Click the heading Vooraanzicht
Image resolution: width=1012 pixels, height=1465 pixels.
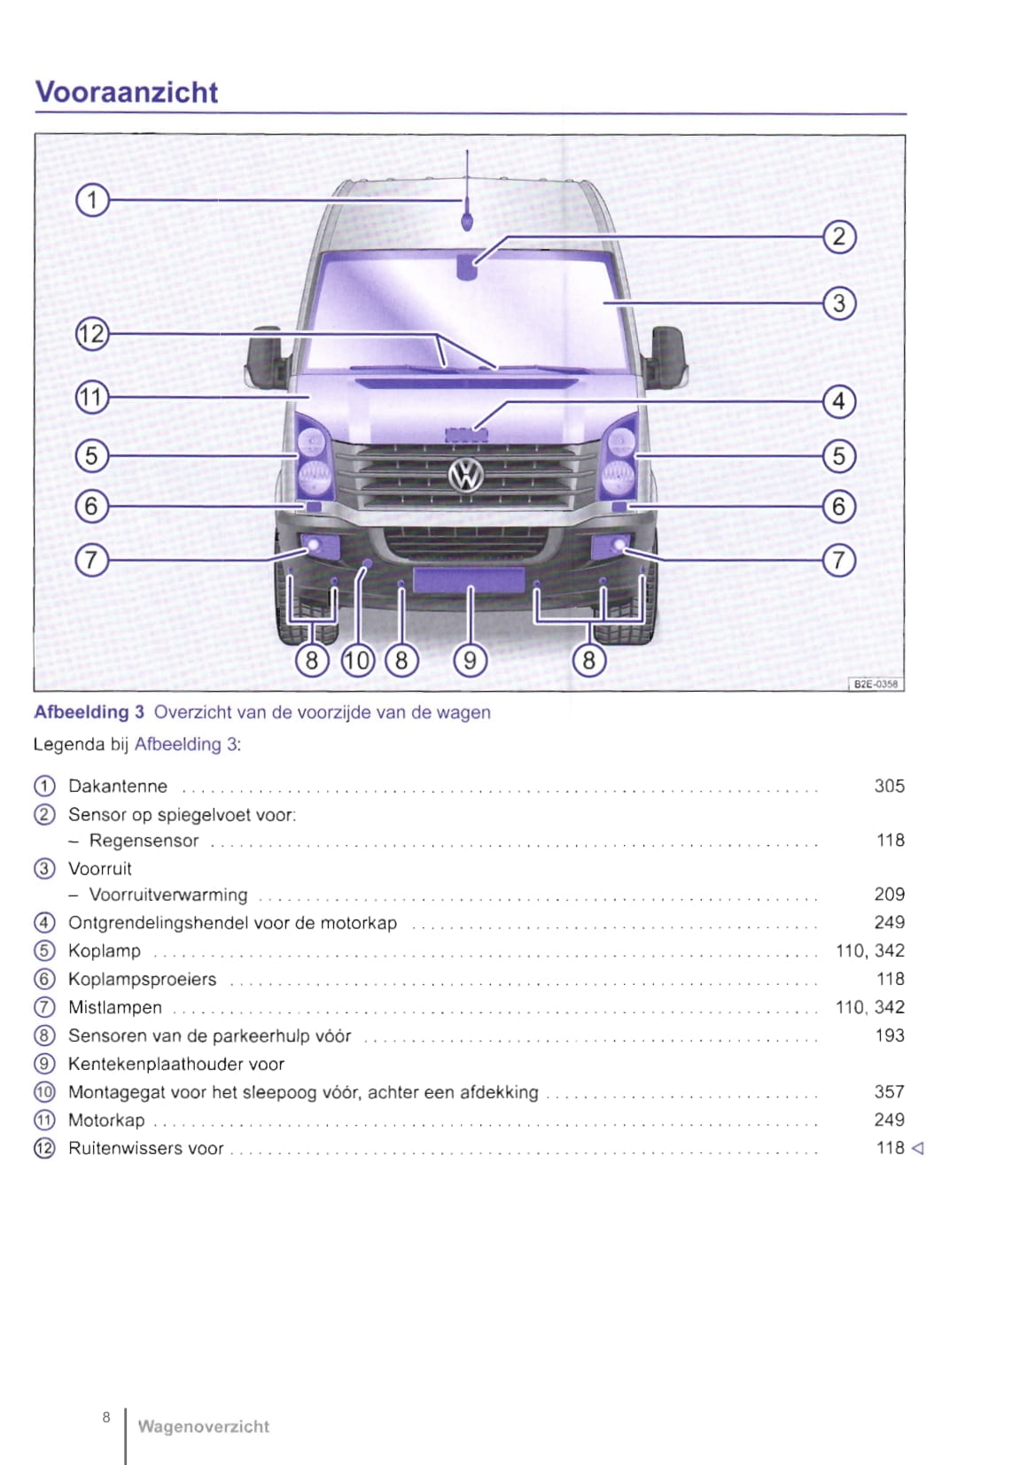click(x=126, y=92)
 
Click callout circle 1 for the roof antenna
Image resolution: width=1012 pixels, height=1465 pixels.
click(x=91, y=201)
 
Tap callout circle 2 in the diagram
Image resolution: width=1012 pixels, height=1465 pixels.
click(x=839, y=237)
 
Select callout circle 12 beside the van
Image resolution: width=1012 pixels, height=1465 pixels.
click(x=91, y=335)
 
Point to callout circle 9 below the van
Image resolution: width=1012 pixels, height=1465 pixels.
click(x=470, y=660)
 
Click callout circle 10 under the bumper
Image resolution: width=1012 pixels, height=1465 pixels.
click(x=357, y=660)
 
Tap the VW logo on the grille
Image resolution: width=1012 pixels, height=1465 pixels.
click(x=466, y=476)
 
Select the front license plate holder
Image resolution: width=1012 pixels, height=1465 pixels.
click(x=469, y=581)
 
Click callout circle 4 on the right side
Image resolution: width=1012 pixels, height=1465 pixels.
click(x=839, y=401)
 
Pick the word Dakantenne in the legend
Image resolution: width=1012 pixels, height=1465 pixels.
click(x=118, y=787)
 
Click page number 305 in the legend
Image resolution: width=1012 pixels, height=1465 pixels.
click(x=889, y=787)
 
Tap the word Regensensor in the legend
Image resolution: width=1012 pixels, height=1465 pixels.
click(x=144, y=841)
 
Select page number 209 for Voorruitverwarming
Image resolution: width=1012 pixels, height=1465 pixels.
click(x=889, y=895)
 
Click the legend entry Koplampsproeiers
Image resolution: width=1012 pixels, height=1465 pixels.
click(x=142, y=980)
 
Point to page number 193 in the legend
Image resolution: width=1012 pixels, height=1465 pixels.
click(x=889, y=1035)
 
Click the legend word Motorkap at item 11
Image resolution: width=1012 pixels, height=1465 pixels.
click(x=106, y=1120)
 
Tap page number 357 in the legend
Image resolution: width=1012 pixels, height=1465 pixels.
click(x=889, y=1092)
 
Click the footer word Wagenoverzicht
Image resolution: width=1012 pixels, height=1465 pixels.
click(x=203, y=1427)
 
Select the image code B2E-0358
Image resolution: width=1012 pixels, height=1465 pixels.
click(x=876, y=684)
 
